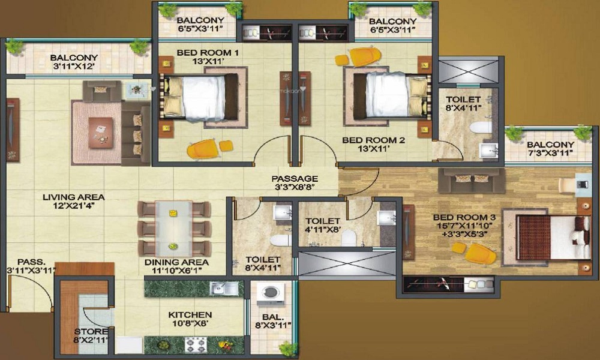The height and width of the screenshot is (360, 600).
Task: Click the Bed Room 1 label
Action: (208, 53)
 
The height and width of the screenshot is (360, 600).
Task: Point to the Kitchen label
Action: (190, 314)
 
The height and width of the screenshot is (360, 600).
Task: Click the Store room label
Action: (91, 332)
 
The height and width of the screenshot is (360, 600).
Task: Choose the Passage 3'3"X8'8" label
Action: (294, 178)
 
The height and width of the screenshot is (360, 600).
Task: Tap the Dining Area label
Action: (176, 262)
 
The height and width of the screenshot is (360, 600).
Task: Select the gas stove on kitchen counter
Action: (194, 344)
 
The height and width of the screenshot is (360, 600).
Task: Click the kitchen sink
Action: (224, 289)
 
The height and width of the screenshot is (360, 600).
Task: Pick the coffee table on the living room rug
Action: (100, 130)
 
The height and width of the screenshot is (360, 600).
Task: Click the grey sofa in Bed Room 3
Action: (471, 179)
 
